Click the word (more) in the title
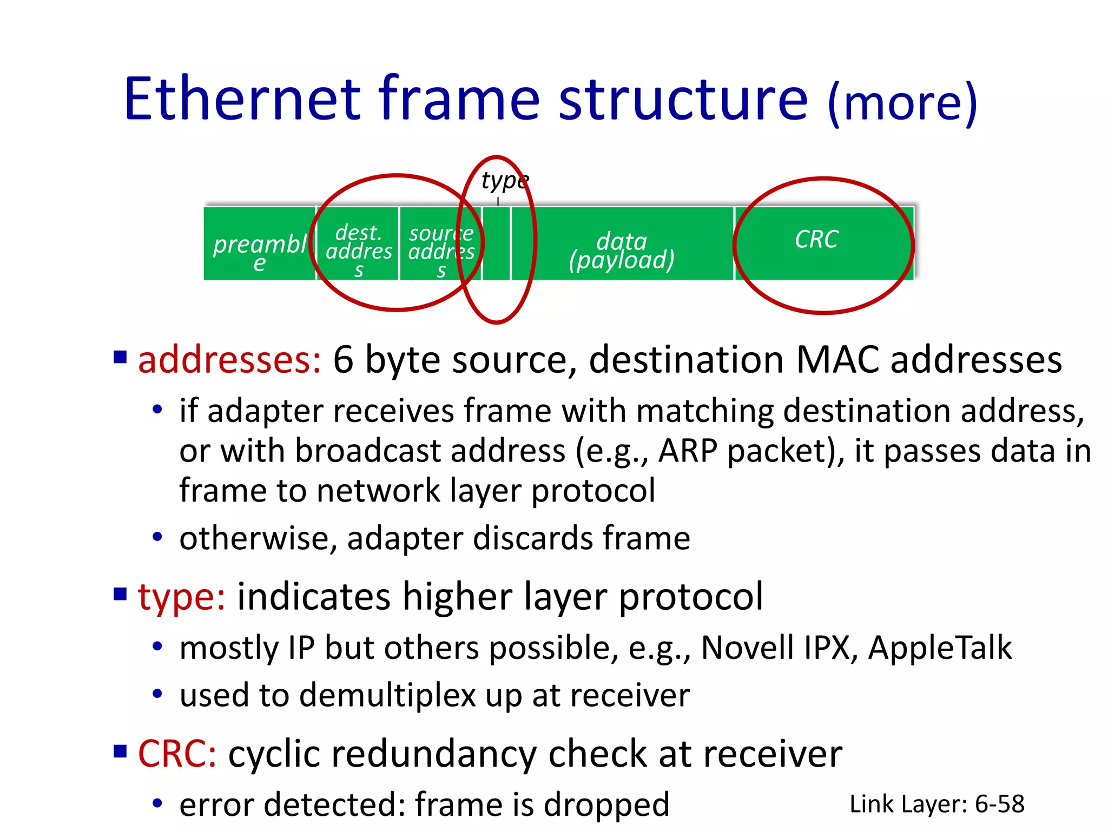coord(902,103)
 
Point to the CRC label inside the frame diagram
coord(816,239)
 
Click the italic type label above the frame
coord(505,181)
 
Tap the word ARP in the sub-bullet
coord(688,451)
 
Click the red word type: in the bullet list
coord(181,597)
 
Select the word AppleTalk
coord(940,648)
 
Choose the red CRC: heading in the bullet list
coord(177,754)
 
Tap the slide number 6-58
coord(999,804)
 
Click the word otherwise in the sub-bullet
coord(254,538)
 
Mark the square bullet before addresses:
coord(120,357)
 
